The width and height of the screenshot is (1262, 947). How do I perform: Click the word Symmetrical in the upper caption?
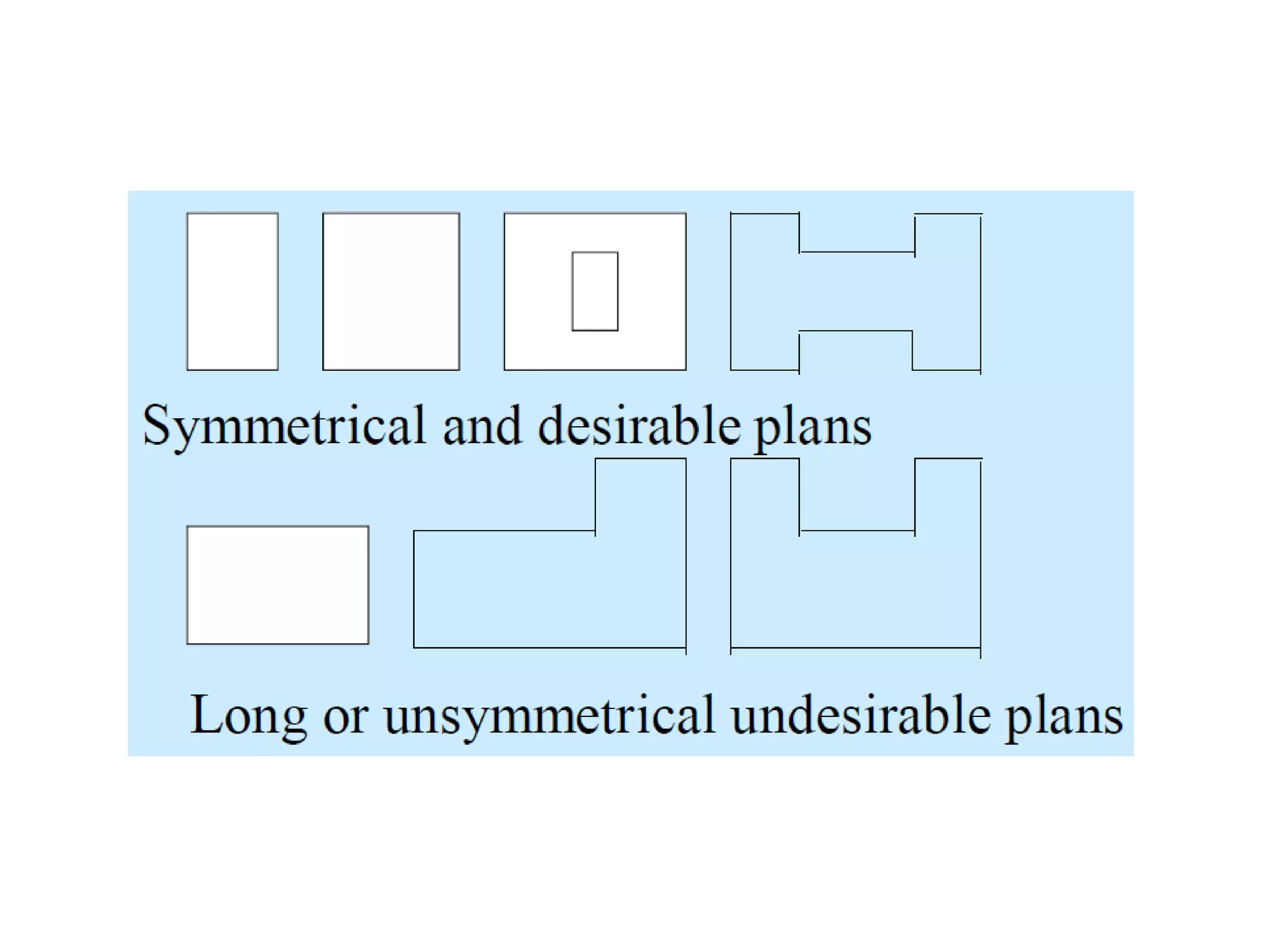tap(283, 425)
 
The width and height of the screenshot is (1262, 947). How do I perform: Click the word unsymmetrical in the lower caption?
tap(549, 716)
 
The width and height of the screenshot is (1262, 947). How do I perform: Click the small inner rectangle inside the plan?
tap(595, 291)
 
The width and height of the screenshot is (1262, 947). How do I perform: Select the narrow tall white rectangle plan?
tap(232, 291)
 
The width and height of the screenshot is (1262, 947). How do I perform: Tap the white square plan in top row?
tap(391, 291)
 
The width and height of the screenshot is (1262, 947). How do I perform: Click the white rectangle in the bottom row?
tap(277, 584)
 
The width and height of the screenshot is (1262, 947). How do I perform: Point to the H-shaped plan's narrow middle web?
tap(856, 291)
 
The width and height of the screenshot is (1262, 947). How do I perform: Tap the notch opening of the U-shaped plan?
tap(857, 493)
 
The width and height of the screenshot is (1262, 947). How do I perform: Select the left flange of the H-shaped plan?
tap(765, 291)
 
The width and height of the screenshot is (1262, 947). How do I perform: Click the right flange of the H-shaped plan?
tap(947, 291)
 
